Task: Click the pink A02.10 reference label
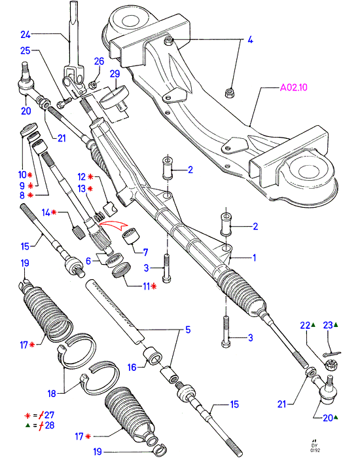point(293,87)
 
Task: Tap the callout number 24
point(26,35)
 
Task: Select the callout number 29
point(115,73)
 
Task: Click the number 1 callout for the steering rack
point(255,258)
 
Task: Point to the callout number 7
point(145,252)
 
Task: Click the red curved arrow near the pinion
point(113,226)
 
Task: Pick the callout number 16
point(132,367)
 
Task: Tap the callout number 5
point(188,330)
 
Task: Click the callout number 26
point(99,61)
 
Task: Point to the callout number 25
point(26,50)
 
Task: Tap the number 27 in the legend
point(49,415)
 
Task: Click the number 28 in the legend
point(49,425)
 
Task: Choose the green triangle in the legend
point(27,425)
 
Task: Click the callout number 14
point(46,212)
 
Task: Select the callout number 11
point(146,286)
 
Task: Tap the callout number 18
point(52,393)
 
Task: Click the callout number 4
point(250,40)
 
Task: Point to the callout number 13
point(81,189)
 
